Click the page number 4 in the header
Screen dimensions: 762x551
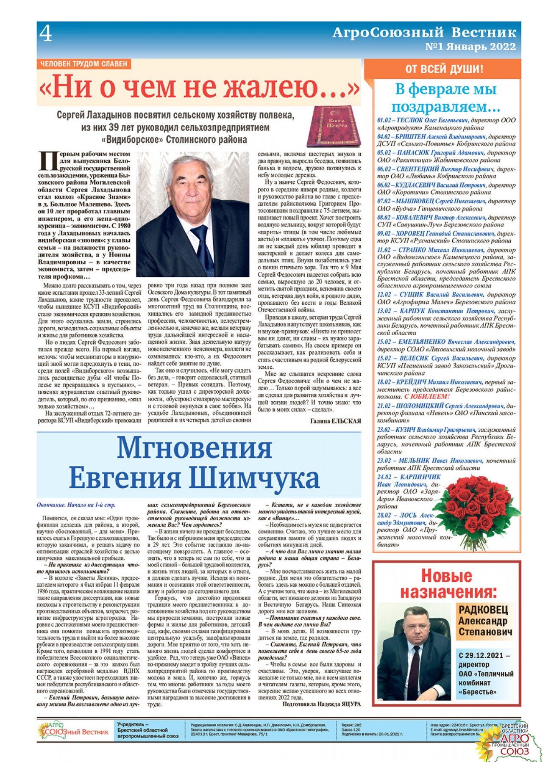46,33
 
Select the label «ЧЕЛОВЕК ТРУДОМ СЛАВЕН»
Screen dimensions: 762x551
83,64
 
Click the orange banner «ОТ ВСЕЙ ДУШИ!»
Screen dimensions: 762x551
444,69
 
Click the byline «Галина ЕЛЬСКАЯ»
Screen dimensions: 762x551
335,421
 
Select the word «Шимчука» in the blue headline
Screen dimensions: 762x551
254,477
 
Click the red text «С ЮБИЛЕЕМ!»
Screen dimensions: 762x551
426,397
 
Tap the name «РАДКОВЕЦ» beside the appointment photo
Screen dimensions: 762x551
483,610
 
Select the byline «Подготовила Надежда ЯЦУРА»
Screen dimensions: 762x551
321,704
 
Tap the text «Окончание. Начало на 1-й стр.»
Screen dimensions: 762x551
76,505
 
